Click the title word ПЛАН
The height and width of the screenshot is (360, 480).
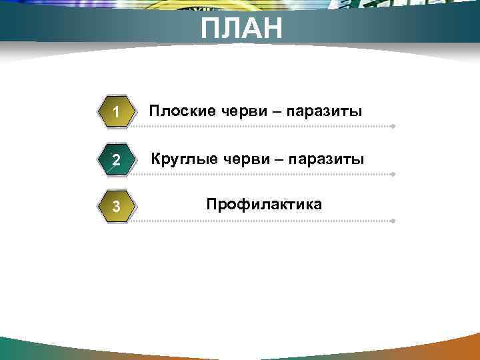coord(242,29)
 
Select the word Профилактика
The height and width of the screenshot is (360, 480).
coord(264,204)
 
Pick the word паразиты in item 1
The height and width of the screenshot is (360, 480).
coord(324,111)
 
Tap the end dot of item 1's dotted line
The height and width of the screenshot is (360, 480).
coord(394,125)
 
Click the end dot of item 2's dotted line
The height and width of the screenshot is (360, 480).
coord(394,174)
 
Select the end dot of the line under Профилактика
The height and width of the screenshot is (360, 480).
coord(394,221)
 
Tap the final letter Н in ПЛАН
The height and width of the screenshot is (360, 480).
coord(271,29)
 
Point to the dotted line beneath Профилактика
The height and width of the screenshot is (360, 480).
coord(267,221)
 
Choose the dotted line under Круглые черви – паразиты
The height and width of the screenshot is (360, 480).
coord(267,174)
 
